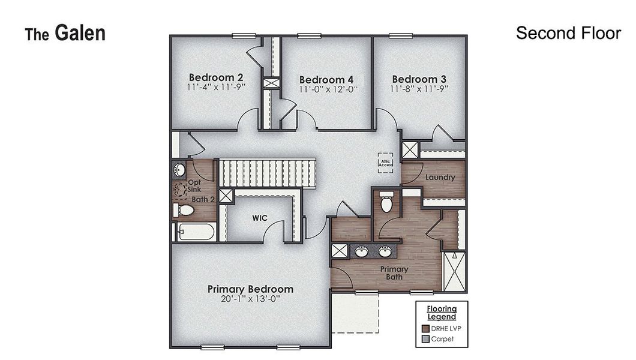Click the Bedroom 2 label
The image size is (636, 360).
click(x=216, y=77)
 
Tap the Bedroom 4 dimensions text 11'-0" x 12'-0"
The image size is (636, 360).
click(x=328, y=89)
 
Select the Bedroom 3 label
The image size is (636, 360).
click(x=419, y=79)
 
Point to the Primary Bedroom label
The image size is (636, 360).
click(x=250, y=289)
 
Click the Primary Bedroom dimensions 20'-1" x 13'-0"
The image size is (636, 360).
click(x=251, y=299)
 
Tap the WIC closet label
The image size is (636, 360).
click(x=260, y=218)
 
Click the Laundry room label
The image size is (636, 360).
click(x=440, y=177)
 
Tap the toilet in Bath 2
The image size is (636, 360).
click(x=184, y=210)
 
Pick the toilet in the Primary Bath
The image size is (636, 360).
click(x=386, y=202)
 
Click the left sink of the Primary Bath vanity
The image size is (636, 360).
click(x=361, y=251)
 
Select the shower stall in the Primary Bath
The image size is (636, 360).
click(x=454, y=272)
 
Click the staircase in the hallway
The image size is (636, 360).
click(x=267, y=173)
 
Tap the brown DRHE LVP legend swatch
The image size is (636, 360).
click(x=425, y=328)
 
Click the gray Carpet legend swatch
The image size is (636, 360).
click(x=425, y=339)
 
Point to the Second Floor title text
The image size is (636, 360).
click(x=568, y=33)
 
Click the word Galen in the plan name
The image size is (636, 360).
click(x=80, y=33)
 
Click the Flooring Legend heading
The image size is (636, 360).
click(x=442, y=313)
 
